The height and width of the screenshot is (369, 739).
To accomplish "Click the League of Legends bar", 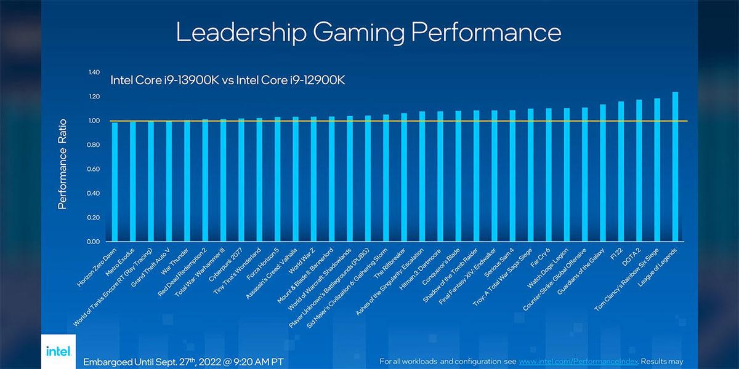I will (676, 166).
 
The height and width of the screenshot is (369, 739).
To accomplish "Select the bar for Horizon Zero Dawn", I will (115, 181).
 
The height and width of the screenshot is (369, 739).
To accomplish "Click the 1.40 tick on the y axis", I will (94, 73).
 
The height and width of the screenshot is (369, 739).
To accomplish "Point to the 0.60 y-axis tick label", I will (94, 169).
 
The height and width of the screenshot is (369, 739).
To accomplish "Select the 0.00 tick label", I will (94, 242).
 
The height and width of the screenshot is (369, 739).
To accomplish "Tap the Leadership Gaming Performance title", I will (368, 33).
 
